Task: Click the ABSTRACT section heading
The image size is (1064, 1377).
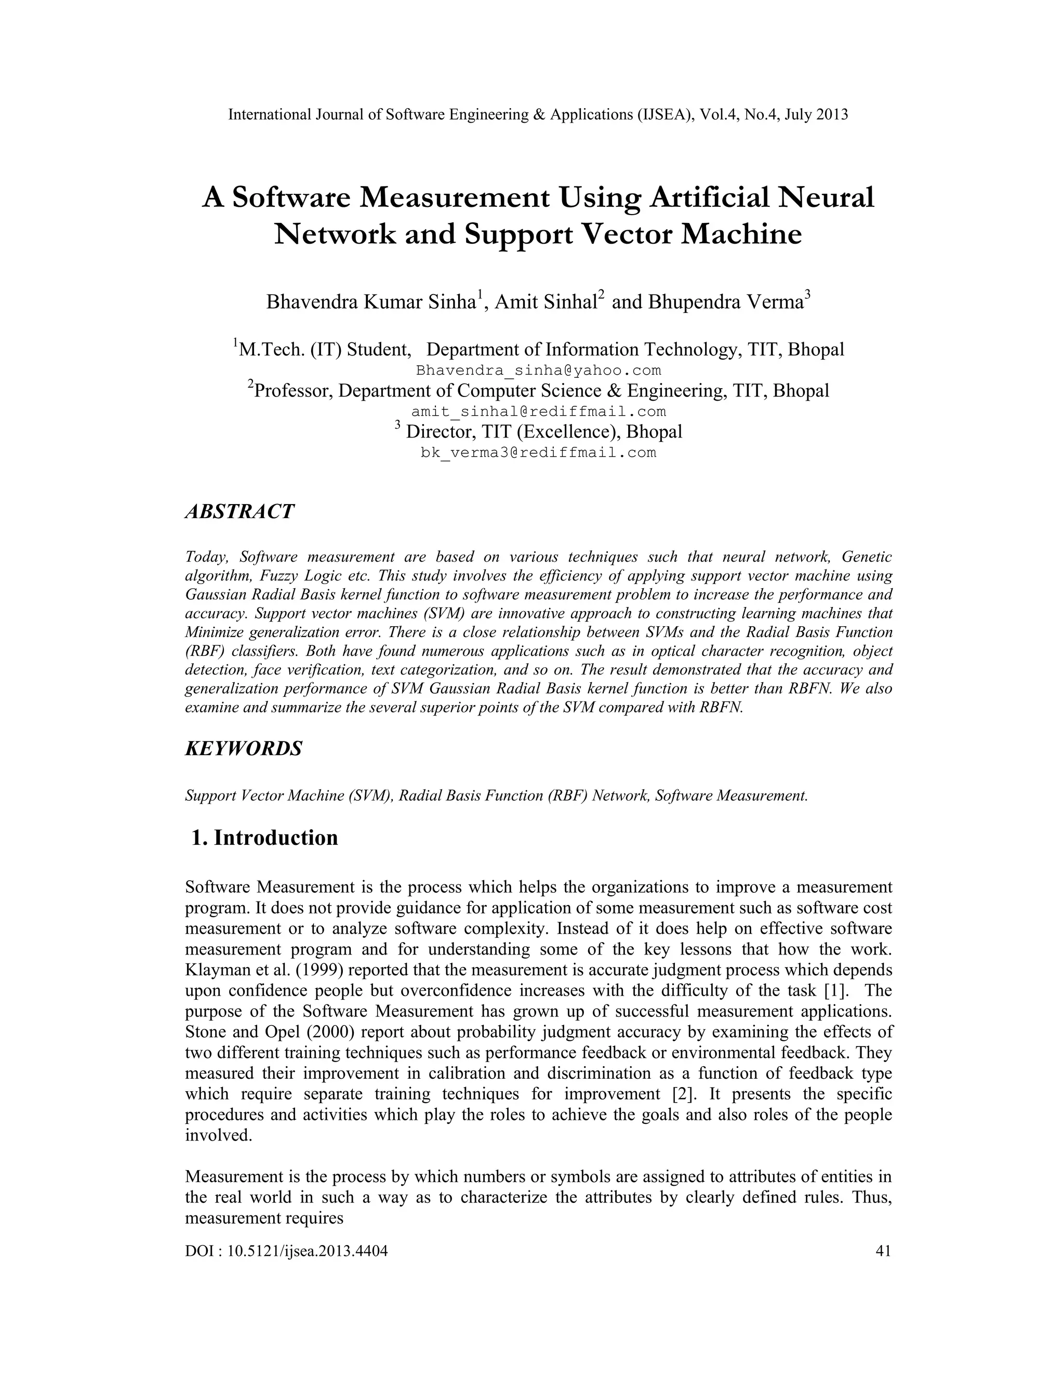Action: [239, 511]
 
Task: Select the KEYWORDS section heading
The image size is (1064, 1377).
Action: [243, 748]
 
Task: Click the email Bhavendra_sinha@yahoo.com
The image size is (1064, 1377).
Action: [538, 370]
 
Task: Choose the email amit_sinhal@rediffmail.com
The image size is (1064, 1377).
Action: [538, 412]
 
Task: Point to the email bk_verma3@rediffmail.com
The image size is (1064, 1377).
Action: [538, 453]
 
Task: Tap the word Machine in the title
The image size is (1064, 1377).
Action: [741, 234]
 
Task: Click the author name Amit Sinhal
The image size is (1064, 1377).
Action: [545, 302]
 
